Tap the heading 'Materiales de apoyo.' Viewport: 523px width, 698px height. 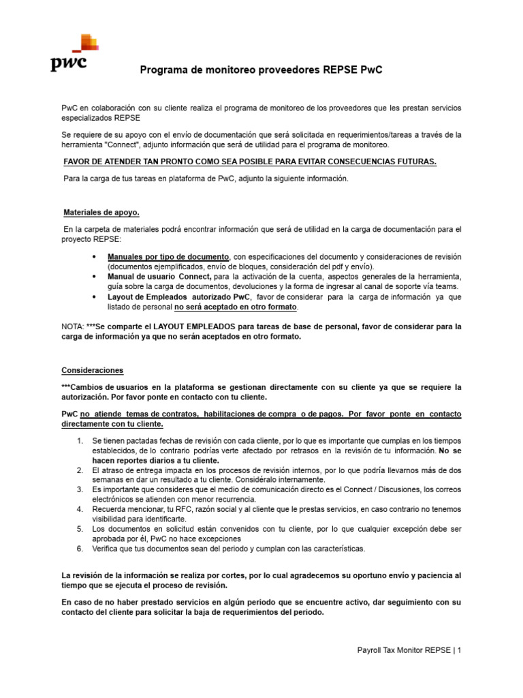[101, 212]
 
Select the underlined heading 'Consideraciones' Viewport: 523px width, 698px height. [93, 370]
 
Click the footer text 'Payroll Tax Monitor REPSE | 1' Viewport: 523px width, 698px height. [409, 650]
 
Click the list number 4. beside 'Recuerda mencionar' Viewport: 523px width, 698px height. [80, 509]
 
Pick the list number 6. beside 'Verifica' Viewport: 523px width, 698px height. [80, 548]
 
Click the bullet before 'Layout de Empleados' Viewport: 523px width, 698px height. [93, 297]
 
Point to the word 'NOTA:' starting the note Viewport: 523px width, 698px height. [73, 327]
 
